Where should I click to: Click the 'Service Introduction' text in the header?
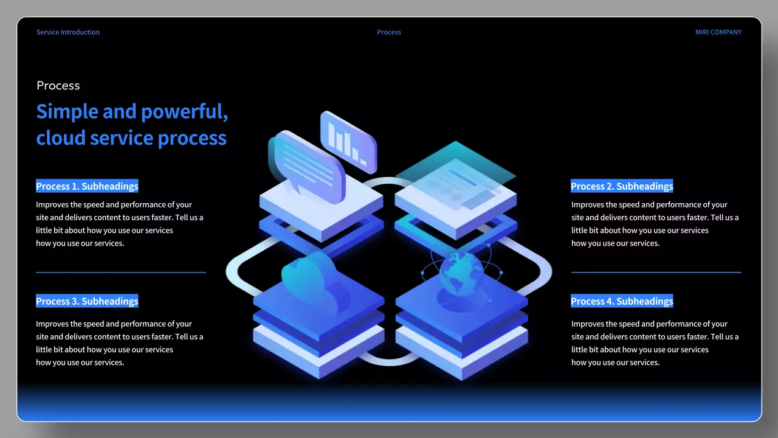pyautogui.click(x=68, y=32)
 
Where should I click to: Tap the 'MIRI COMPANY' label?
pyautogui.click(x=718, y=32)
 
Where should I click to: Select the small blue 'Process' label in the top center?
pyautogui.click(x=389, y=32)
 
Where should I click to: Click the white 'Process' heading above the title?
pyautogui.click(x=58, y=86)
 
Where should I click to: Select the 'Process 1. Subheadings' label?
pyautogui.click(x=87, y=186)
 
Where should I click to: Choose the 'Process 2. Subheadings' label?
pyautogui.click(x=622, y=186)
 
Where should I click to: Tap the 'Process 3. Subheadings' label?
pyautogui.click(x=87, y=301)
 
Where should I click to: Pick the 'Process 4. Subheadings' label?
pyautogui.click(x=622, y=301)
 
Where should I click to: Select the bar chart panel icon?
pyautogui.click(x=348, y=141)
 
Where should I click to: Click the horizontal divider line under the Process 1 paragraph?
pyautogui.click(x=121, y=272)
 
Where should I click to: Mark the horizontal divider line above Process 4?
pyautogui.click(x=656, y=272)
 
